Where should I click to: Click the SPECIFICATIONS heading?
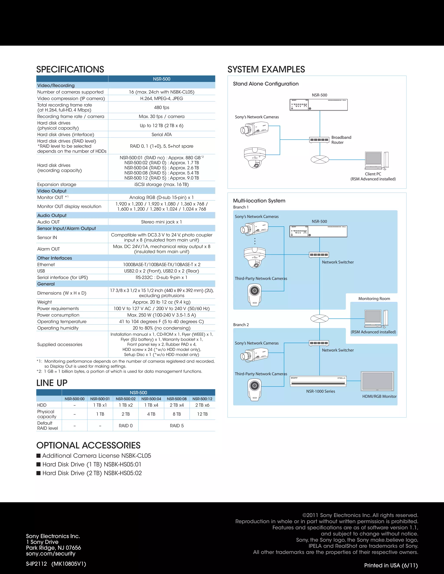click(70, 69)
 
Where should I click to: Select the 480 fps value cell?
click(162, 107)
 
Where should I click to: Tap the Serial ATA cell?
click(162, 135)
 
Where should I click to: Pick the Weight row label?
click(44, 302)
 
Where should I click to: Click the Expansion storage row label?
click(57, 185)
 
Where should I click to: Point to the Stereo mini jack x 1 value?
click(161, 222)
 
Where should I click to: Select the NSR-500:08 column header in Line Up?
click(177, 399)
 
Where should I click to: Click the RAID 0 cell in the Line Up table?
click(126, 425)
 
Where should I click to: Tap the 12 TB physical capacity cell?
click(202, 414)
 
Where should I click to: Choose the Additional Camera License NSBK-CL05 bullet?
click(94, 456)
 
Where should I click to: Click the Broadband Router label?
click(341, 140)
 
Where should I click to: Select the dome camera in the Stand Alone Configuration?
click(255, 158)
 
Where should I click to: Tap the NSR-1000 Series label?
click(321, 391)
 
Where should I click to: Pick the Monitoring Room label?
click(374, 298)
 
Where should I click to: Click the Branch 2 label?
click(241, 325)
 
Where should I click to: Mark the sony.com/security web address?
click(51, 553)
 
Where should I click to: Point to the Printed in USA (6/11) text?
click(391, 565)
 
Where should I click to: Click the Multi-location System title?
click(259, 201)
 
